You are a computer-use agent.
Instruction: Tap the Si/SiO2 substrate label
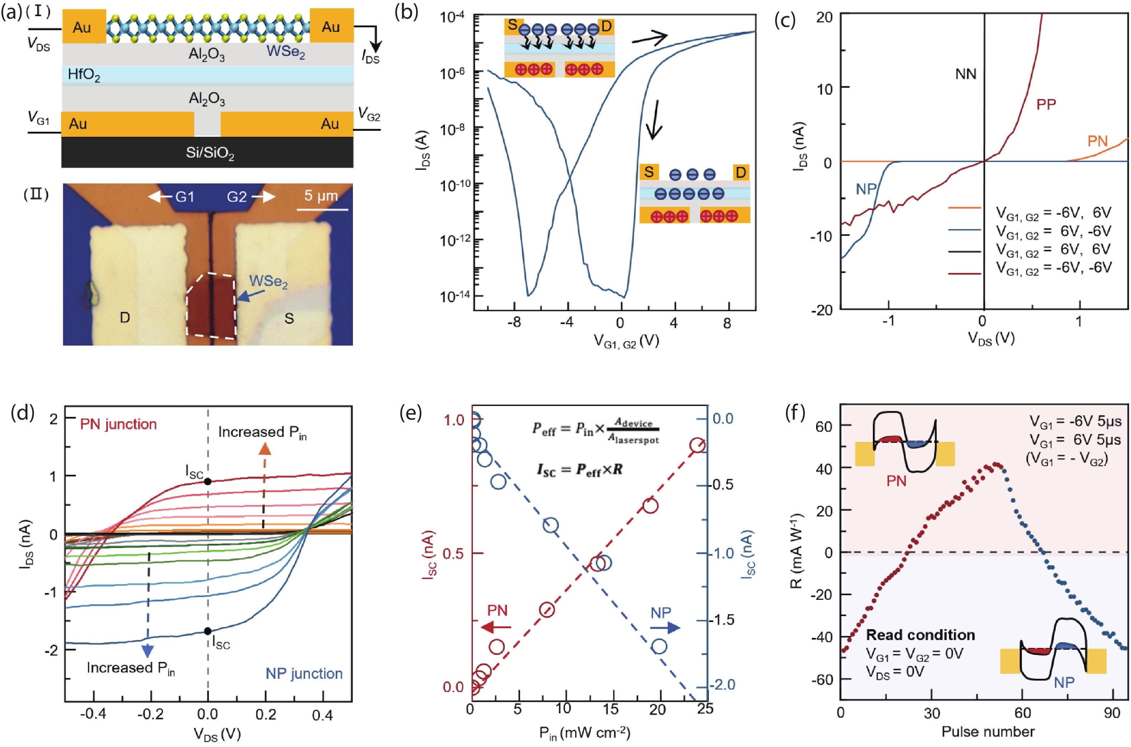(210, 153)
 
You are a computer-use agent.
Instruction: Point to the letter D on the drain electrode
(125, 317)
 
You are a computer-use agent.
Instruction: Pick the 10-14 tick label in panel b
(455, 296)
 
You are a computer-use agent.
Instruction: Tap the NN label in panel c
(966, 74)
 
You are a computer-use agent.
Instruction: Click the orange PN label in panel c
(1097, 141)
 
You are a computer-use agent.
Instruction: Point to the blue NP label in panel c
(866, 190)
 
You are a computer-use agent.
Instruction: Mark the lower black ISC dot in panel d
(208, 631)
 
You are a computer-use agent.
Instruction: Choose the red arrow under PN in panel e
(496, 627)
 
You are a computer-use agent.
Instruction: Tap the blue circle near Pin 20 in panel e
(659, 646)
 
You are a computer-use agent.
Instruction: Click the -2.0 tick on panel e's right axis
(722, 685)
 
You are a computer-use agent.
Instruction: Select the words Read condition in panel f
(920, 635)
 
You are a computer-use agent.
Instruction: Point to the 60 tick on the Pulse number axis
(1022, 713)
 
